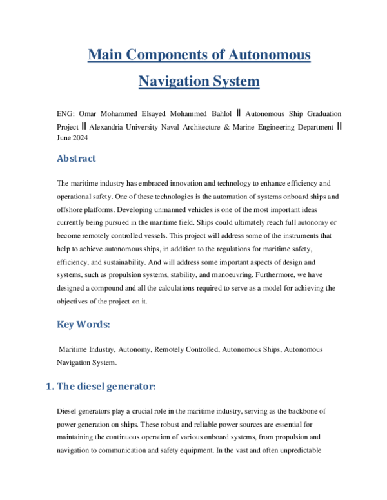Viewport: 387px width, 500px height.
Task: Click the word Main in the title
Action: click(107, 55)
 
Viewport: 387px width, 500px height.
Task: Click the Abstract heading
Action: click(77, 159)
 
